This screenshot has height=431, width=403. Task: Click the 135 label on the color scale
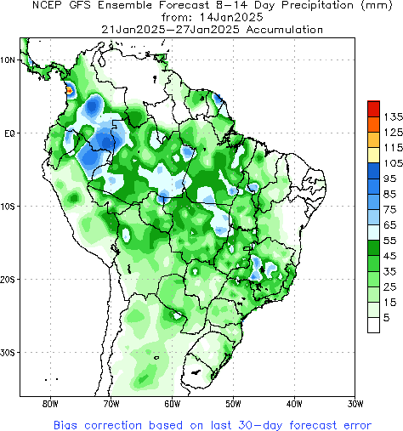pyautogui.click(x=392, y=116)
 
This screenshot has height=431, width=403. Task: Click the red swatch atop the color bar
pyautogui.click(x=373, y=108)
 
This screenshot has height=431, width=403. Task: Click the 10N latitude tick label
pyautogui.click(x=9, y=60)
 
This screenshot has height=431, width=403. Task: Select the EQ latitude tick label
pyautogui.click(x=9, y=133)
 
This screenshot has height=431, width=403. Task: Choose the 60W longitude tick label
pyautogui.click(x=173, y=403)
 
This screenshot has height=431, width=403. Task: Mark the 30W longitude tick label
pyautogui.click(x=356, y=403)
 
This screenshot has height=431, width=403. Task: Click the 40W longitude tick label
pyautogui.click(x=295, y=403)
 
